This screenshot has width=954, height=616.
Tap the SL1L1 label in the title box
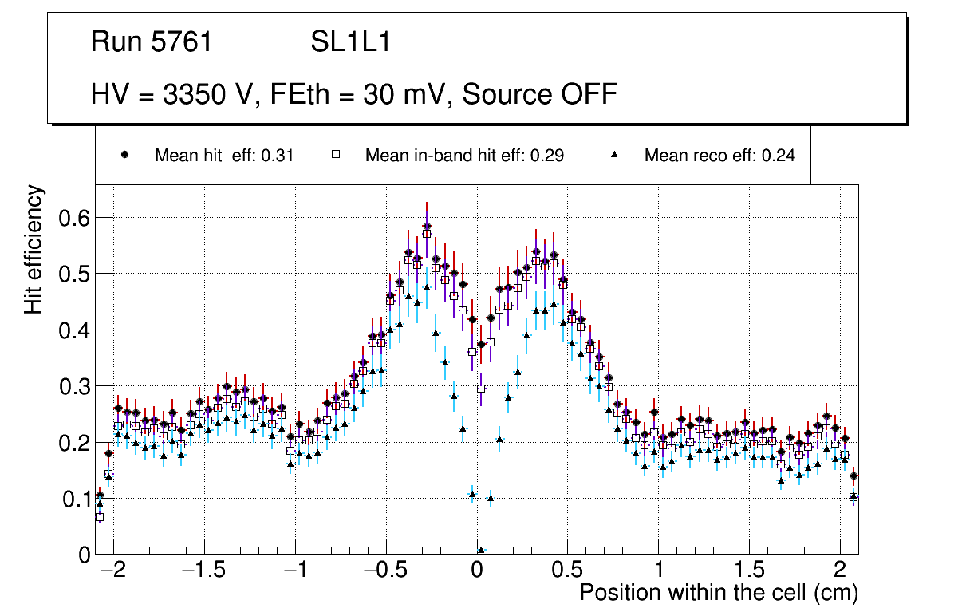pyautogui.click(x=350, y=42)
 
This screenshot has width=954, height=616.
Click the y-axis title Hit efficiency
pyautogui.click(x=34, y=250)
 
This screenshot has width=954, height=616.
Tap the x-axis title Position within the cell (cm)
pyautogui.click(x=718, y=593)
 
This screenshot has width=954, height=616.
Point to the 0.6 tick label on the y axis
pyautogui.click(x=73, y=218)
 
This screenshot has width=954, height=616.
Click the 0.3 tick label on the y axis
pyautogui.click(x=73, y=386)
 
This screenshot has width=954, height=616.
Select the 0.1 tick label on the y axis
pyautogui.click(x=73, y=499)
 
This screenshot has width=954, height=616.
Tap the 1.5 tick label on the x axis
pyautogui.click(x=749, y=572)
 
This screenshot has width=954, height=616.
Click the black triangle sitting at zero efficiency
pyautogui.click(x=481, y=551)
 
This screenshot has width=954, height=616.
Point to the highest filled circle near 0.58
pyautogui.click(x=427, y=226)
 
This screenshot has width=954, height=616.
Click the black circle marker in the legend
pyautogui.click(x=124, y=156)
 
